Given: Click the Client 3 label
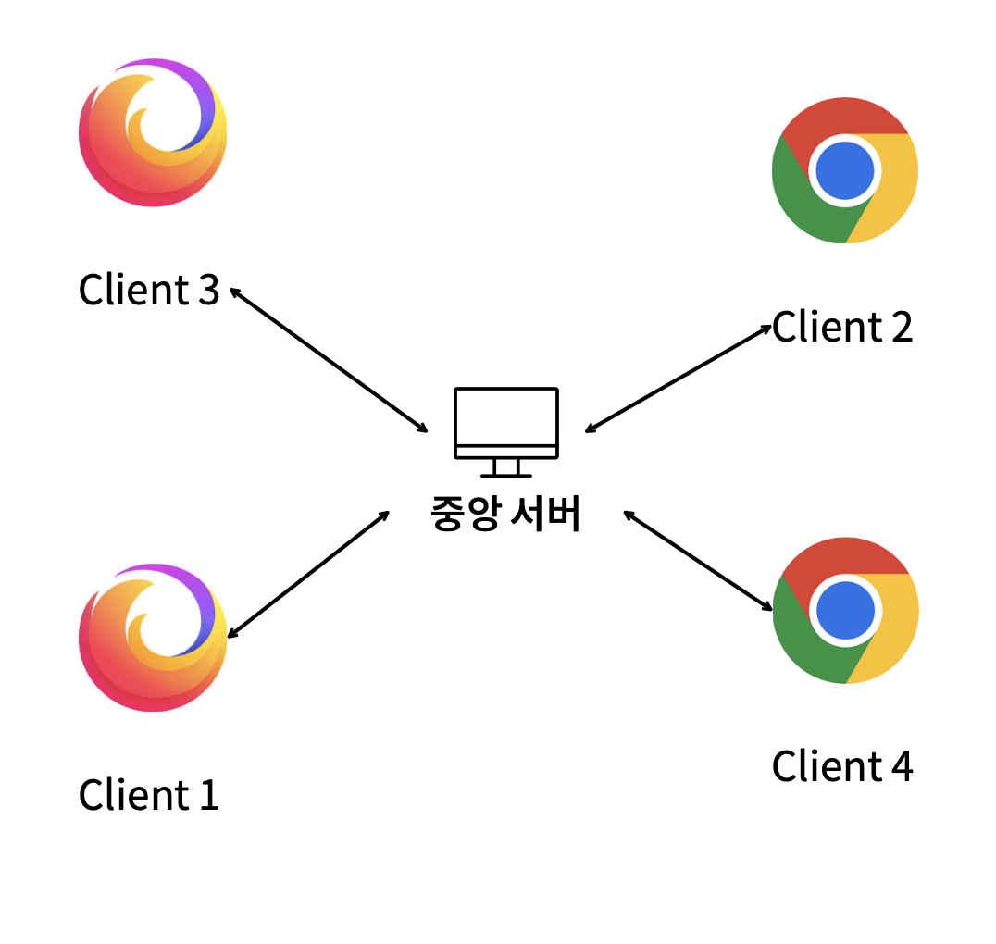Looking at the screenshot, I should pyautogui.click(x=149, y=290).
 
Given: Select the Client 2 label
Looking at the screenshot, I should pyautogui.click(x=842, y=327).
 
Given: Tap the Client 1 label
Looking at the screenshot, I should pyautogui.click(x=149, y=795).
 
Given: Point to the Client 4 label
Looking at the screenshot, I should pyautogui.click(x=842, y=766).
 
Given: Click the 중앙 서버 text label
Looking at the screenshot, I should pyautogui.click(x=505, y=515).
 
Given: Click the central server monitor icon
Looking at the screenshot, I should pyautogui.click(x=505, y=424).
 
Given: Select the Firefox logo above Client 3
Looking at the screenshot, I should pyautogui.click(x=153, y=132).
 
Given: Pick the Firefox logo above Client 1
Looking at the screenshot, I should pyautogui.click(x=153, y=637).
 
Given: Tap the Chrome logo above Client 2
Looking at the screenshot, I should pyautogui.click(x=844, y=170).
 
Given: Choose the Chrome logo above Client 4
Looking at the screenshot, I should pyautogui.click(x=845, y=610).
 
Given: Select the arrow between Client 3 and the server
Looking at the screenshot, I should pyautogui.click(x=329, y=360).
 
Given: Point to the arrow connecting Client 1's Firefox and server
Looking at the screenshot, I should pyautogui.click(x=308, y=574).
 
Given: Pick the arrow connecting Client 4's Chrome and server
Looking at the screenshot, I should pyautogui.click(x=698, y=560).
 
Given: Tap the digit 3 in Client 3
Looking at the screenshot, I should pyautogui.click(x=208, y=290).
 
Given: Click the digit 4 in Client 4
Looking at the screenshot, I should pyautogui.click(x=902, y=766).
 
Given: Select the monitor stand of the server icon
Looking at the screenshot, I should pyautogui.click(x=505, y=467).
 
